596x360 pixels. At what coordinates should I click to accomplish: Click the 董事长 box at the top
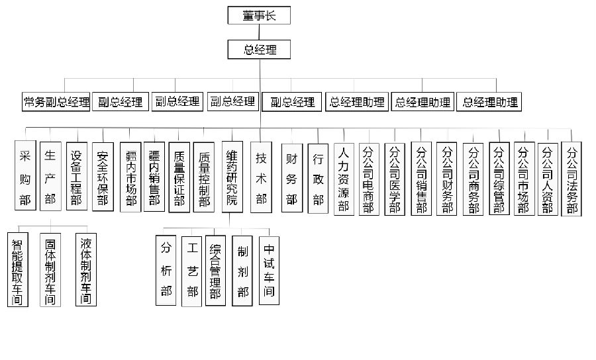[259, 15]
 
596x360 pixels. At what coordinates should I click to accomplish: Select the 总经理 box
[259, 50]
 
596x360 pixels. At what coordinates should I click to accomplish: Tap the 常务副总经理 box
[56, 102]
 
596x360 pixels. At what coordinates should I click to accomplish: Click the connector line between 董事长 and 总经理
[259, 32]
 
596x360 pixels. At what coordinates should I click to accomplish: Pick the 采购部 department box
[25, 175]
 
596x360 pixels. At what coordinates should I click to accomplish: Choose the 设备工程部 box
[76, 176]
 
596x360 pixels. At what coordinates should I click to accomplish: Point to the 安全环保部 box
[103, 177]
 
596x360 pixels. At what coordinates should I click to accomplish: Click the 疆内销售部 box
[154, 177]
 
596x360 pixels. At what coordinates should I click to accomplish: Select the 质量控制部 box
[204, 177]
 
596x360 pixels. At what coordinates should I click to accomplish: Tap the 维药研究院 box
[232, 177]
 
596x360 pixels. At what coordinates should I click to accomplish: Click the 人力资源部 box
[344, 179]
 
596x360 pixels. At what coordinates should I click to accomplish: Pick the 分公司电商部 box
[369, 179]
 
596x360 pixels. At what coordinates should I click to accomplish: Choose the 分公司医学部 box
[395, 179]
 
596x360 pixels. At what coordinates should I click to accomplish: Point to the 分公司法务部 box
[571, 179]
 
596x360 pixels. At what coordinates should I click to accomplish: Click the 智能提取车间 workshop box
[17, 269]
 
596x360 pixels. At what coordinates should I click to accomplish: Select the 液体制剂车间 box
[86, 269]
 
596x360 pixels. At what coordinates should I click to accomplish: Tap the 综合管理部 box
[215, 271]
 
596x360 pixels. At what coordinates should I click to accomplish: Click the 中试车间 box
[269, 271]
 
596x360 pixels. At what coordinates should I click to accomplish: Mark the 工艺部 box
[191, 271]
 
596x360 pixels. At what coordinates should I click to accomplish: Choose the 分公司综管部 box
[499, 179]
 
